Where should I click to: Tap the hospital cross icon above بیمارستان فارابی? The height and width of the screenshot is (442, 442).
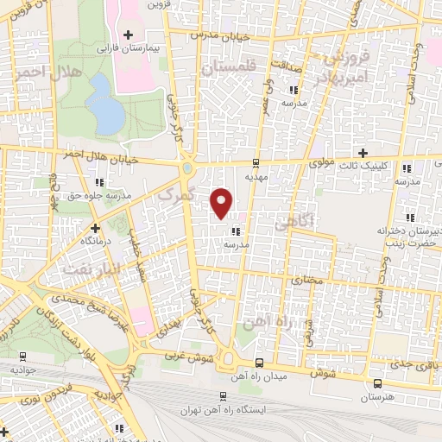coord(129,35)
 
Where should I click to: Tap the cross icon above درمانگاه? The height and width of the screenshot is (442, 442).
coord(95,228)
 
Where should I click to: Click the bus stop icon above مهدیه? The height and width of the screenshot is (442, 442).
coord(255,163)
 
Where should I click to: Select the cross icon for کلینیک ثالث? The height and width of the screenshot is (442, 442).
coord(363,153)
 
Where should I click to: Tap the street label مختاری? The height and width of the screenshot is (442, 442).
coord(306,281)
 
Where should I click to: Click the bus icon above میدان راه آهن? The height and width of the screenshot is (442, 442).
coord(261,363)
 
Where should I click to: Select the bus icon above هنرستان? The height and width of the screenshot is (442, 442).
coord(376,384)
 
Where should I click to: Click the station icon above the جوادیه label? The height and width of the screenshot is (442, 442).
coord(22,357)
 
